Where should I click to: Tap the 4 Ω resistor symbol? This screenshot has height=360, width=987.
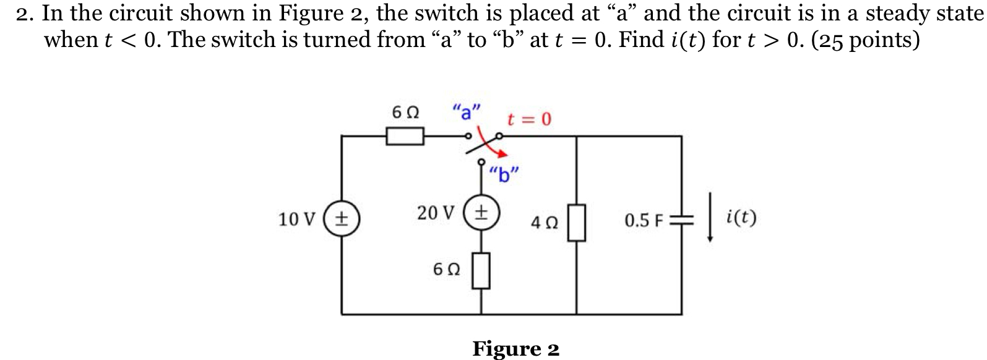click(x=577, y=223)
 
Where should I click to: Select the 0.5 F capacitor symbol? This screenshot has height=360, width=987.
click(x=682, y=221)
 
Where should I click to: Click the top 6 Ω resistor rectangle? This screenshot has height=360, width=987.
click(x=405, y=136)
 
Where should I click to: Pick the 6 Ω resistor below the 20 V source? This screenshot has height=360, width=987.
click(x=482, y=270)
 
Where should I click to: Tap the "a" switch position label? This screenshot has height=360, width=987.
click(x=466, y=112)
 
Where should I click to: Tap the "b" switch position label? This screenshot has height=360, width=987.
click(x=503, y=176)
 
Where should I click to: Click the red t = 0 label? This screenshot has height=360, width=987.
click(x=529, y=119)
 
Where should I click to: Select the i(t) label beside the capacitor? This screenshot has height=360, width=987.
click(x=741, y=218)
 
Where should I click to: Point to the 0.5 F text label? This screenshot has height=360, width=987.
click(x=644, y=221)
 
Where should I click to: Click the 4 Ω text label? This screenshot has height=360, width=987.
click(x=545, y=223)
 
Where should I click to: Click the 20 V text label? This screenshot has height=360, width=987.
click(x=436, y=213)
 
